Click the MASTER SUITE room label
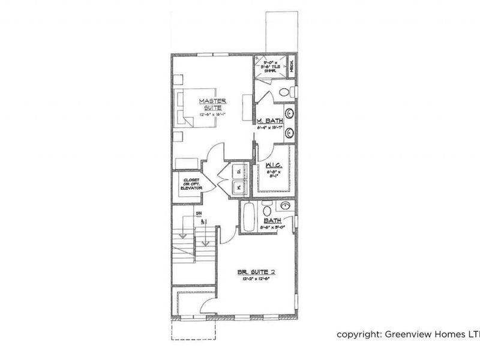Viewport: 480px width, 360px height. [211, 104]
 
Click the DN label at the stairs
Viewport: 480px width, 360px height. [198, 214]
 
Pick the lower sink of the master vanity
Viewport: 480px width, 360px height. [289, 132]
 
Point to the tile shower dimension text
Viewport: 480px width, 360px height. [269, 64]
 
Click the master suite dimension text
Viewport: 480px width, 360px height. [211, 113]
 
